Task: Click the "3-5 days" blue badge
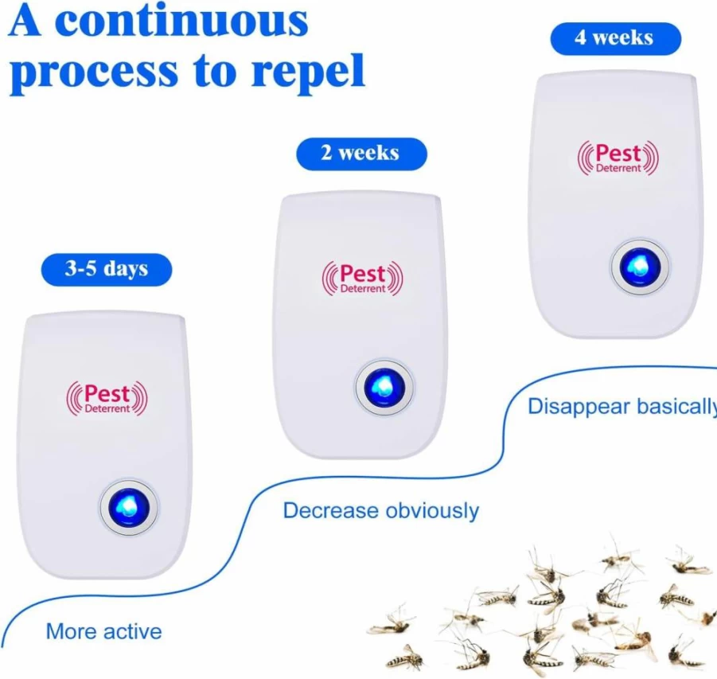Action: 107,270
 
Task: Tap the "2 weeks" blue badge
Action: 362,154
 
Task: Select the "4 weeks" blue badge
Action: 615,38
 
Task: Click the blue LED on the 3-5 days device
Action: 129,507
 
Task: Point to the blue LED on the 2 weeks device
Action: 384,388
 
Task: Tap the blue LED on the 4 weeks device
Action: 640,267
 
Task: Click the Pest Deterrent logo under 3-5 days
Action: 107,398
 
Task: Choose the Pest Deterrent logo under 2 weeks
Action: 363,278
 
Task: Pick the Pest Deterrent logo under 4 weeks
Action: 618,158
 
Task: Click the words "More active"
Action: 103,632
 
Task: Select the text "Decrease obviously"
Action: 381,510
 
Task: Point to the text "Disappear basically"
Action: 622,406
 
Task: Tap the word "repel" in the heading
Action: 308,72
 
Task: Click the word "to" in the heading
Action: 214,71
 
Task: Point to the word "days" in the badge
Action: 125,270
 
